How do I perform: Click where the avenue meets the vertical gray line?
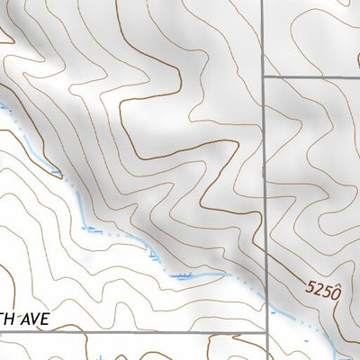tap(265, 332)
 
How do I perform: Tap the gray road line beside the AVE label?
tap(135, 332)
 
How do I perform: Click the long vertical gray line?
tap(265, 180)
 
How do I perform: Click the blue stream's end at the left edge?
tap(2, 103)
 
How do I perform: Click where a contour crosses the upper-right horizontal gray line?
tap(297, 78)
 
